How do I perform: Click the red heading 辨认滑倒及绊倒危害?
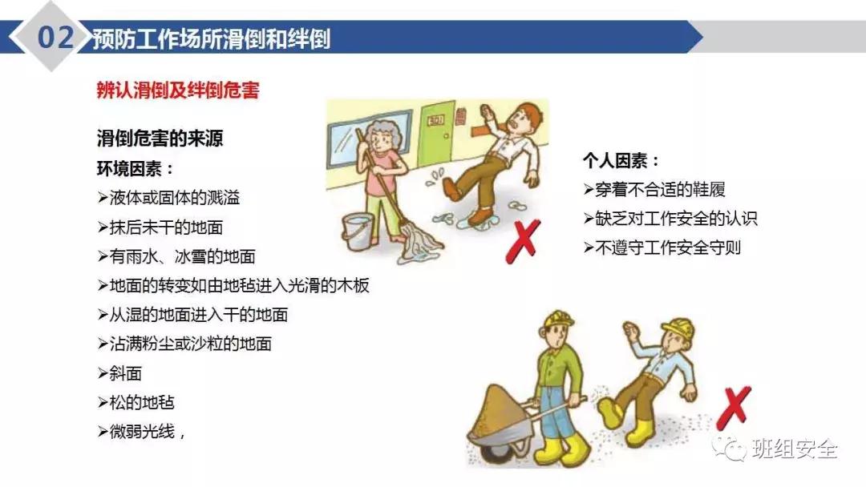[x=177, y=91]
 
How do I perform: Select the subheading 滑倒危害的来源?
[x=160, y=139]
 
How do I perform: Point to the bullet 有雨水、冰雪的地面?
[x=176, y=256]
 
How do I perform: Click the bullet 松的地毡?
[x=136, y=402]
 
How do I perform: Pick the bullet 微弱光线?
[x=141, y=432]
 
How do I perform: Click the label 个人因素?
[x=621, y=161]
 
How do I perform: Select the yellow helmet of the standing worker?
[x=557, y=320]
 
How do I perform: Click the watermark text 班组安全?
[x=795, y=449]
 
